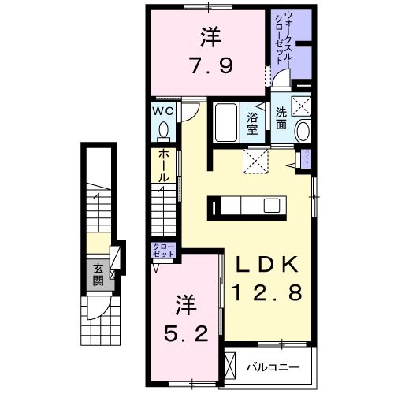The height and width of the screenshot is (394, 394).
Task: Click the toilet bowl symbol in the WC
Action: [x=164, y=129]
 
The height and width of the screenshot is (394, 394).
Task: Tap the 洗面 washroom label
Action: [x=282, y=111]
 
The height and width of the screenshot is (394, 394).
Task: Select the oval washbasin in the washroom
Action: [x=302, y=133]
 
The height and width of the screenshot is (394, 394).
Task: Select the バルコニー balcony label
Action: [x=269, y=366]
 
